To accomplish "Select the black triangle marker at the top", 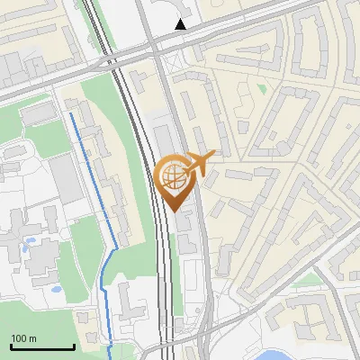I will click(x=181, y=24).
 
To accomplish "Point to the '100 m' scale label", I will click(x=23, y=338).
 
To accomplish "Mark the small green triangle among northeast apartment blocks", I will click(x=261, y=88).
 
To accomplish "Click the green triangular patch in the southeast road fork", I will click(x=310, y=280).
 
